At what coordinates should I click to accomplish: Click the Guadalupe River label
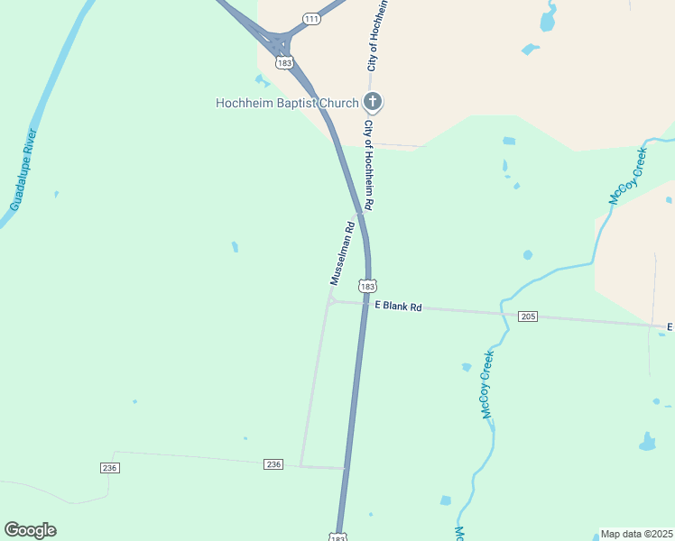tap(23, 170)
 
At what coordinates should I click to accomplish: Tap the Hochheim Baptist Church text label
tap(287, 103)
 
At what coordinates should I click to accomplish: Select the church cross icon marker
tap(373, 102)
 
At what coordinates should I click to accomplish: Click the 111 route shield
tap(312, 19)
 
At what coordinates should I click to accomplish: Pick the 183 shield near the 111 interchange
tap(285, 63)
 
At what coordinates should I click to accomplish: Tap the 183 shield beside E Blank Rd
tap(366, 286)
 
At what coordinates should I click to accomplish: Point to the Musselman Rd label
tap(340, 253)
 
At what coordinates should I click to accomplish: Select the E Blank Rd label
tap(398, 307)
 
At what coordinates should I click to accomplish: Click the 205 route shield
tap(529, 316)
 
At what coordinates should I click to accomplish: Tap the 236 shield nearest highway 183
tap(274, 463)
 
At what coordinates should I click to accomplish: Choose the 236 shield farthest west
tap(109, 467)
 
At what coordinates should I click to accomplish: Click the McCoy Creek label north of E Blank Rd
tap(628, 174)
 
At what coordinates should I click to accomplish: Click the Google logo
tap(30, 530)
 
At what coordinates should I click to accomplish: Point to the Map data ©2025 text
tap(636, 534)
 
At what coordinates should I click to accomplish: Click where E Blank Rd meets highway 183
tap(364, 305)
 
